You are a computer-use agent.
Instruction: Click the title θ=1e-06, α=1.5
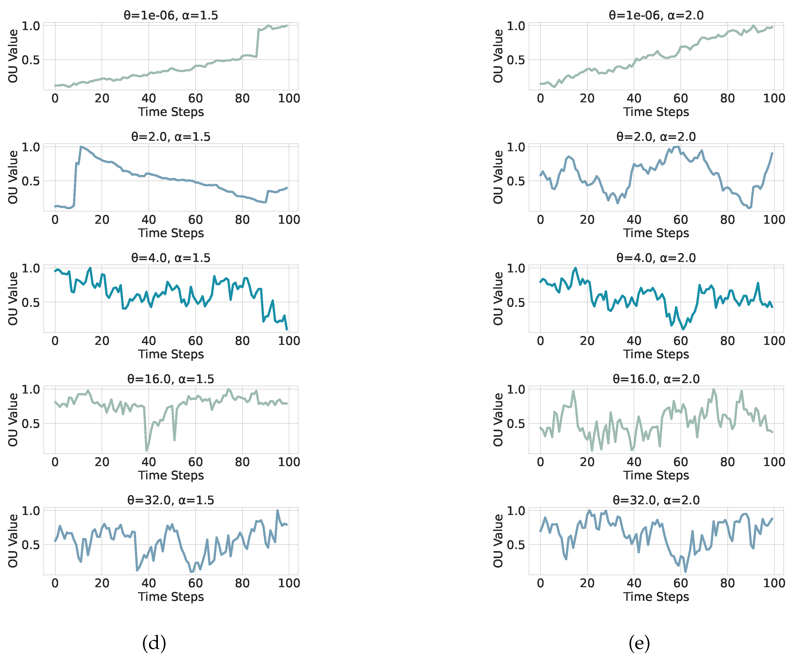(x=171, y=15)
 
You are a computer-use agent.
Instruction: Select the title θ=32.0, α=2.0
(x=656, y=500)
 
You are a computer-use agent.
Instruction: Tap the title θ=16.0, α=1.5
(x=171, y=379)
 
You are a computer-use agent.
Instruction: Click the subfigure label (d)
(x=154, y=643)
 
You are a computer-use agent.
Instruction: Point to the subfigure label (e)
(x=639, y=643)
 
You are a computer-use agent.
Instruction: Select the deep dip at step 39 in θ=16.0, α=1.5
(x=146, y=450)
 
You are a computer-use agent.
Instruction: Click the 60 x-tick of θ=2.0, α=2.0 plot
(x=681, y=220)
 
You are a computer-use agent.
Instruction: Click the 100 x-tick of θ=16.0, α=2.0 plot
(x=774, y=462)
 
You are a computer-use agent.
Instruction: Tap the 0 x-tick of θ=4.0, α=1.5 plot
(x=55, y=341)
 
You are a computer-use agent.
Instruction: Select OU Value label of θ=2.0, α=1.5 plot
(x=13, y=177)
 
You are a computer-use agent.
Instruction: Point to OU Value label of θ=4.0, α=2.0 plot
(x=498, y=299)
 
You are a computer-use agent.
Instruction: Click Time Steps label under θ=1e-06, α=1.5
(x=171, y=112)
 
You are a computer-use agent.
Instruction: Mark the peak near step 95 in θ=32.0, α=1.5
(x=278, y=511)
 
